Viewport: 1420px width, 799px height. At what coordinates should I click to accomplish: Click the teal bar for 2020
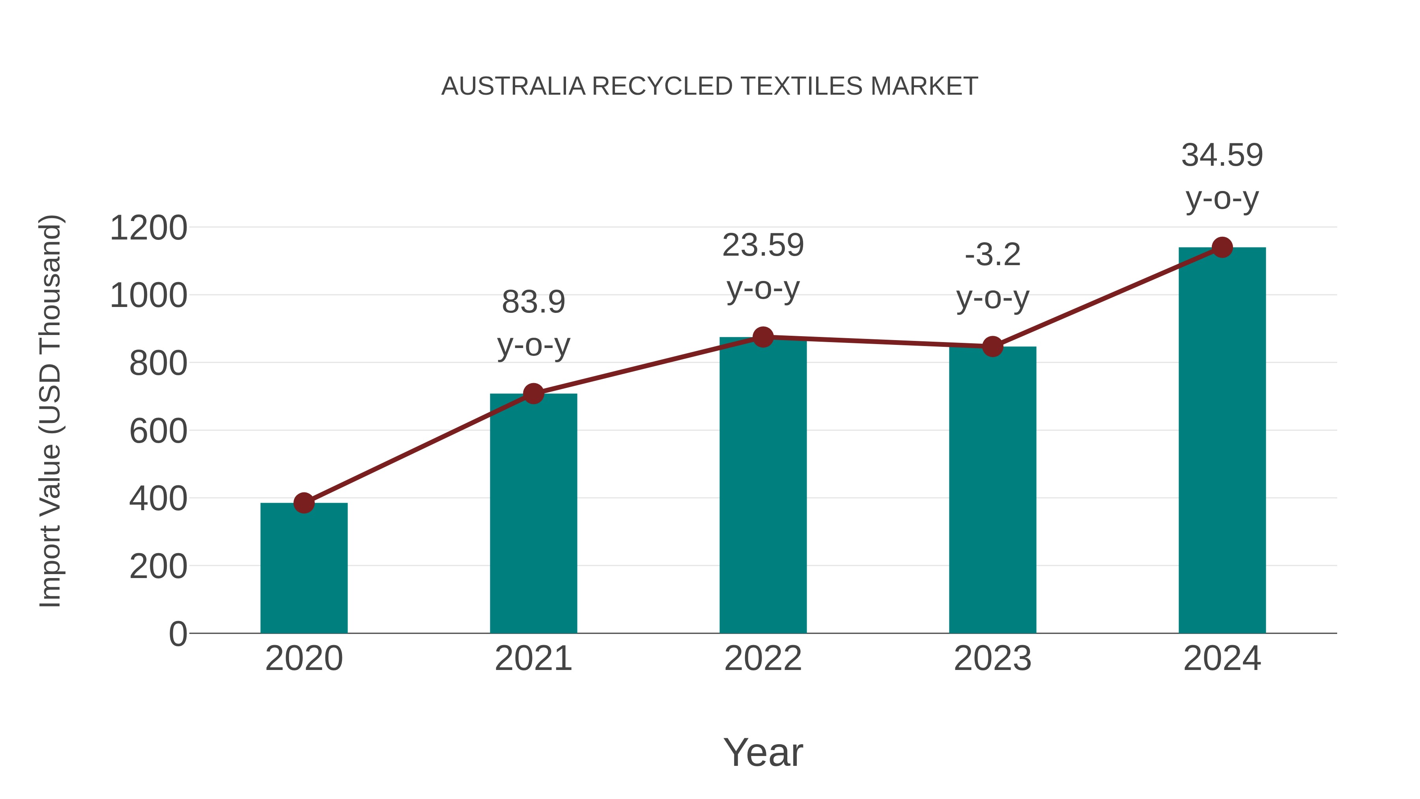304,568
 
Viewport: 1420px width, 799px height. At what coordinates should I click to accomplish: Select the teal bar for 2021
533,513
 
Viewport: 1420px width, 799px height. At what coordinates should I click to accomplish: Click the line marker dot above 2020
304,503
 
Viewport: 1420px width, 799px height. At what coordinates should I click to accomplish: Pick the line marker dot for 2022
763,337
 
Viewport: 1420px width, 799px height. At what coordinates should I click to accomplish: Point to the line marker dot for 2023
992,347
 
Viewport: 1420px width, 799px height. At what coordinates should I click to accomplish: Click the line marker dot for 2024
1222,247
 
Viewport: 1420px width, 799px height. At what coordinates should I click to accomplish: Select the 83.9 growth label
533,302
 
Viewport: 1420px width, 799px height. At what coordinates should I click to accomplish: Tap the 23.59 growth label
763,245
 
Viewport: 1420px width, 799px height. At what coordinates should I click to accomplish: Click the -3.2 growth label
992,255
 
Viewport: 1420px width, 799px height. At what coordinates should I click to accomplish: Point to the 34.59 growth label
1222,155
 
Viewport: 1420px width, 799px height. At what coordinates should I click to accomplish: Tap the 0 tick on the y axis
177,634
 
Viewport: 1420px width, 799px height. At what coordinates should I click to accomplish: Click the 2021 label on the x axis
533,659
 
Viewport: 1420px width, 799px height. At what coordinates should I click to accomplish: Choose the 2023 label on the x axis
992,659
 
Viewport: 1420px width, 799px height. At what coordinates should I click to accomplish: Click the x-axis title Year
763,752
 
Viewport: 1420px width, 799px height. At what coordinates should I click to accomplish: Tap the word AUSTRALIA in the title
513,86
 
